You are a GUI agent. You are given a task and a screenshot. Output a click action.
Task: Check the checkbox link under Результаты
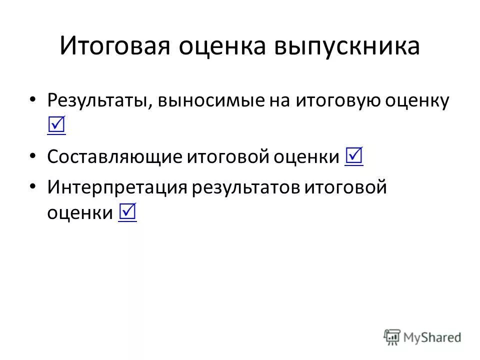[56, 126]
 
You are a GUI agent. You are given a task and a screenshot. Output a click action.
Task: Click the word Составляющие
[113, 157]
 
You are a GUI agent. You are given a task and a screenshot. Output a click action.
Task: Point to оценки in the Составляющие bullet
[307, 157]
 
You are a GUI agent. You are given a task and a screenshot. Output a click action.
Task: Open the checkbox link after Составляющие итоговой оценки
[353, 157]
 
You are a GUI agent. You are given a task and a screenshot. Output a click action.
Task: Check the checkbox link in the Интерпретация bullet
[127, 213]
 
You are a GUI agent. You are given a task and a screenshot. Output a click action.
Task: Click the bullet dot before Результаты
[32, 99]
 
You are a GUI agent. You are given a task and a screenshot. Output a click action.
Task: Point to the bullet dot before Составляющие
[32, 156]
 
